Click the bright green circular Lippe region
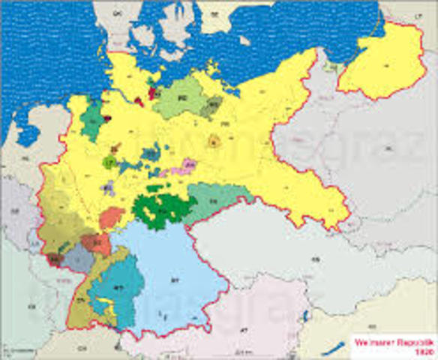109,161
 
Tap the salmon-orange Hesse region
111,217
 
